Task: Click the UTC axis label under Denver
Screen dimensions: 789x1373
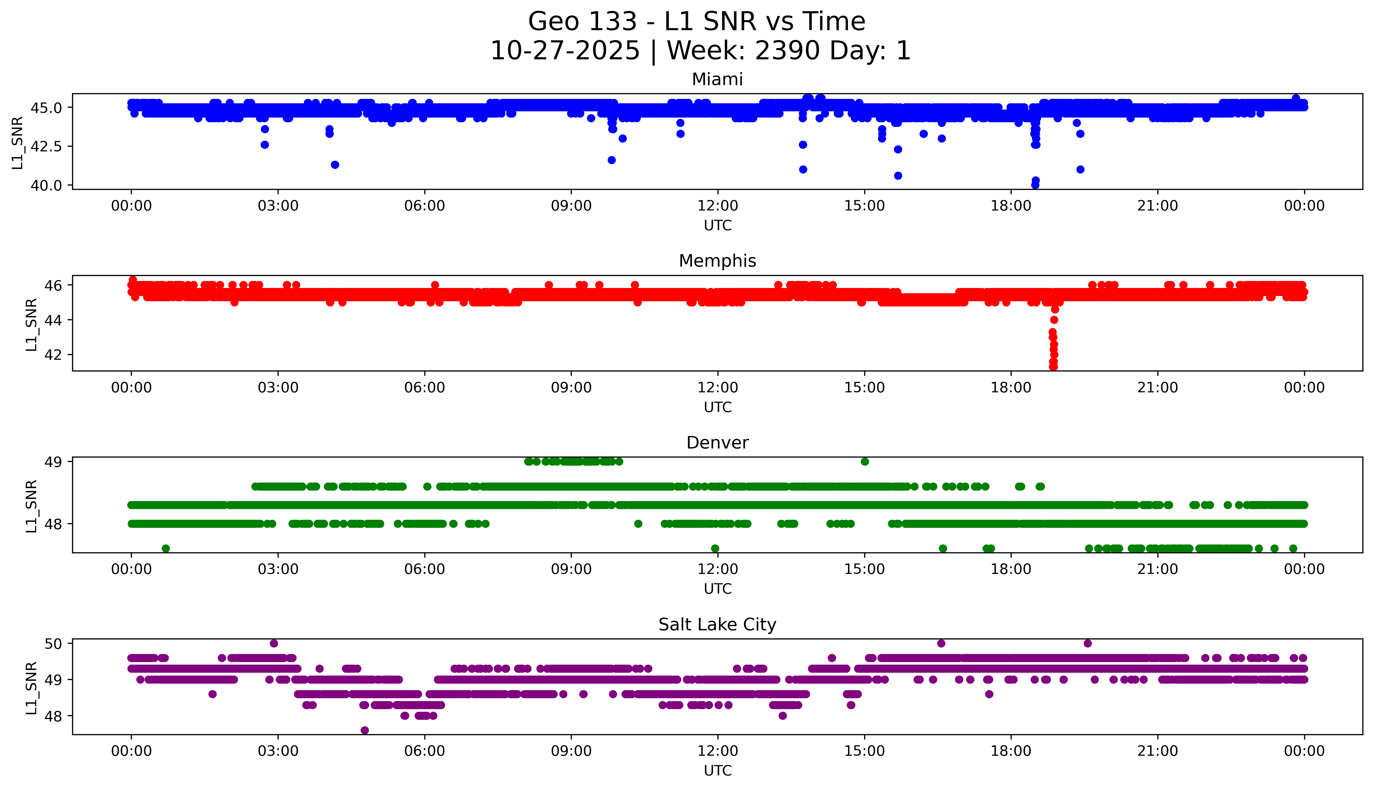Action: pos(717,589)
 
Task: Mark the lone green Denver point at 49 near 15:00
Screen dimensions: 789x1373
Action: pos(865,462)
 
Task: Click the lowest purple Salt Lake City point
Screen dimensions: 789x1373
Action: pos(365,730)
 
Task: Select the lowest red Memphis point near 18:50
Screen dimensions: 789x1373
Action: pos(1053,367)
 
